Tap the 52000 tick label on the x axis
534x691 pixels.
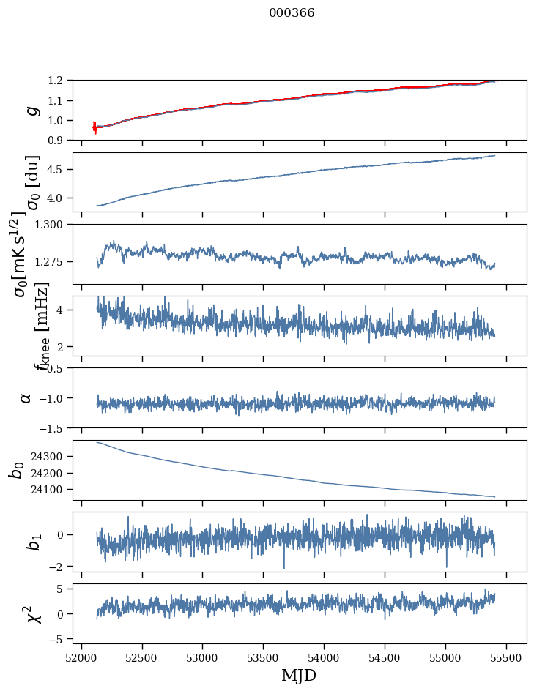point(81,657)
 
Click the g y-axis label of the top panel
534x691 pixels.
point(31,111)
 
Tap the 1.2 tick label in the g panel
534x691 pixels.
point(59,81)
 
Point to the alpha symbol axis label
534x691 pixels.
point(26,397)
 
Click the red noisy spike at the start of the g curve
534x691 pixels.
point(94,127)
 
